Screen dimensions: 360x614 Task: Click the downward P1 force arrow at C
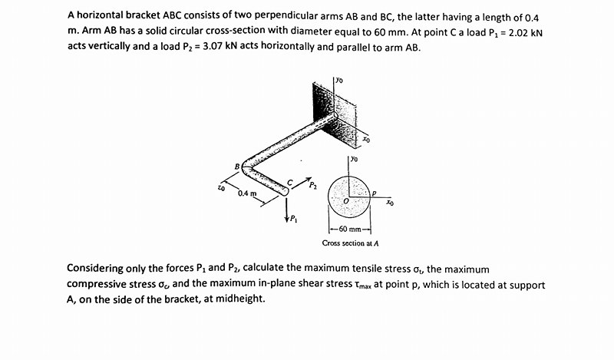(287, 206)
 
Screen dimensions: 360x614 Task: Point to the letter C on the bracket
(289, 182)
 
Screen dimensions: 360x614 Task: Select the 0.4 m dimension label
(246, 193)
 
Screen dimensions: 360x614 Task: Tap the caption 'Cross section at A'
(350, 243)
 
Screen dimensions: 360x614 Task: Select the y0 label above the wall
(338, 78)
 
